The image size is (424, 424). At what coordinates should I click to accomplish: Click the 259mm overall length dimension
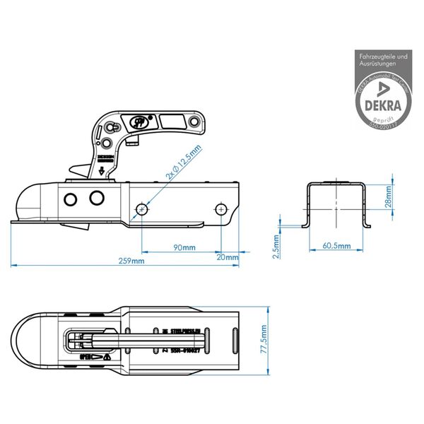[x=132, y=261]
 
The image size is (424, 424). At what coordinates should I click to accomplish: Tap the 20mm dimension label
[x=228, y=257]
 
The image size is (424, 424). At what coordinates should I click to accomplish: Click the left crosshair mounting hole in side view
[x=143, y=209]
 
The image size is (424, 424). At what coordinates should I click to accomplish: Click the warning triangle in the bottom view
[x=105, y=358]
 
